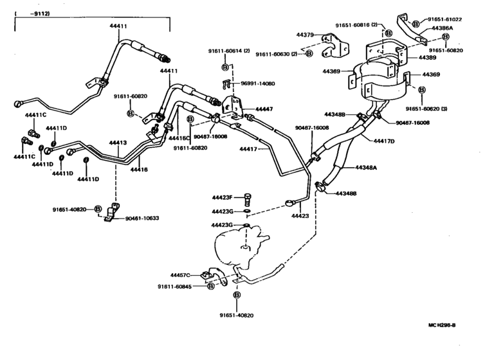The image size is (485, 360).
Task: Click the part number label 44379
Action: pyautogui.click(x=305, y=35)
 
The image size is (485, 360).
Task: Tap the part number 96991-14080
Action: pyautogui.click(x=258, y=84)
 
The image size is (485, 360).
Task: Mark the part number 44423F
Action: pyautogui.click(x=224, y=197)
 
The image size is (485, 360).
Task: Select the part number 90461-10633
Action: pyautogui.click(x=142, y=218)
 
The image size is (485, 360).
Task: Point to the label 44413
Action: pyautogui.click(x=118, y=143)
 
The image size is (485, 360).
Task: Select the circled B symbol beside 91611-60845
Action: pyautogui.click(x=211, y=286)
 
